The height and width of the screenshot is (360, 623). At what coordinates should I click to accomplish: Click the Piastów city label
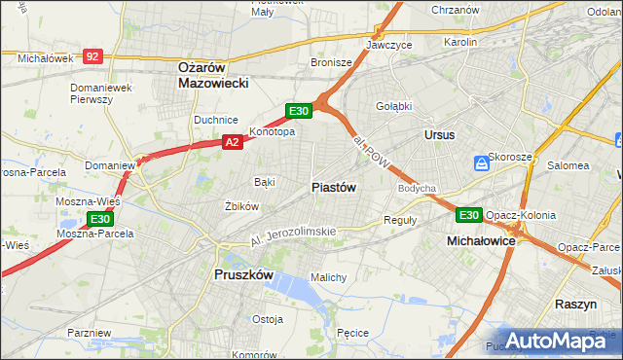334,187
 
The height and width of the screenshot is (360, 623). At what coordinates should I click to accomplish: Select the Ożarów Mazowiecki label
214,75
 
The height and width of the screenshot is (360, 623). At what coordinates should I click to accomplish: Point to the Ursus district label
439,134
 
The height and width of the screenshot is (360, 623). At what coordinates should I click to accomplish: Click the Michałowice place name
481,239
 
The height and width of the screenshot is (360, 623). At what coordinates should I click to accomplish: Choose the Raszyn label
575,304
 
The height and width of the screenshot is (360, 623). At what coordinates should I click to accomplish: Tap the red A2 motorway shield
232,142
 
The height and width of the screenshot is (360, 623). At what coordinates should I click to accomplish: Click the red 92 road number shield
92,57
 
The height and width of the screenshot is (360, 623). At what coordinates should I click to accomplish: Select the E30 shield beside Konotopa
299,111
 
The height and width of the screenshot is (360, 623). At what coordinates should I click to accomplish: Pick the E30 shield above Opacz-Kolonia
469,214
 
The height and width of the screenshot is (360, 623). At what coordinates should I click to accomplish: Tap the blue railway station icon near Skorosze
480,162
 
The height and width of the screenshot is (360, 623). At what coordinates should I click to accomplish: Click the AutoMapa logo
558,339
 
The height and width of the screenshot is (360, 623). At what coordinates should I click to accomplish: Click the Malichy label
328,277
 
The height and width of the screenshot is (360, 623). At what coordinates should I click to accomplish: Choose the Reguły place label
399,220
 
